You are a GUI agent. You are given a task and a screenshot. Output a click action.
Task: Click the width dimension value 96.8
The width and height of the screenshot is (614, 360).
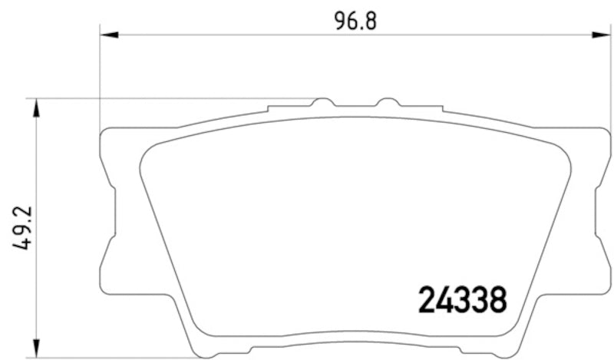pos(355,21)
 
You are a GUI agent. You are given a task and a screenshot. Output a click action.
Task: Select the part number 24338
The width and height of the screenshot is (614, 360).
pos(463,299)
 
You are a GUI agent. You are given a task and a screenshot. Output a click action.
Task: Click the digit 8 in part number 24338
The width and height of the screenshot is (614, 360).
pos(497,299)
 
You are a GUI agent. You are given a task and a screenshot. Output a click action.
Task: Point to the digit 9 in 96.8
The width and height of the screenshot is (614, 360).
pos(340,21)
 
